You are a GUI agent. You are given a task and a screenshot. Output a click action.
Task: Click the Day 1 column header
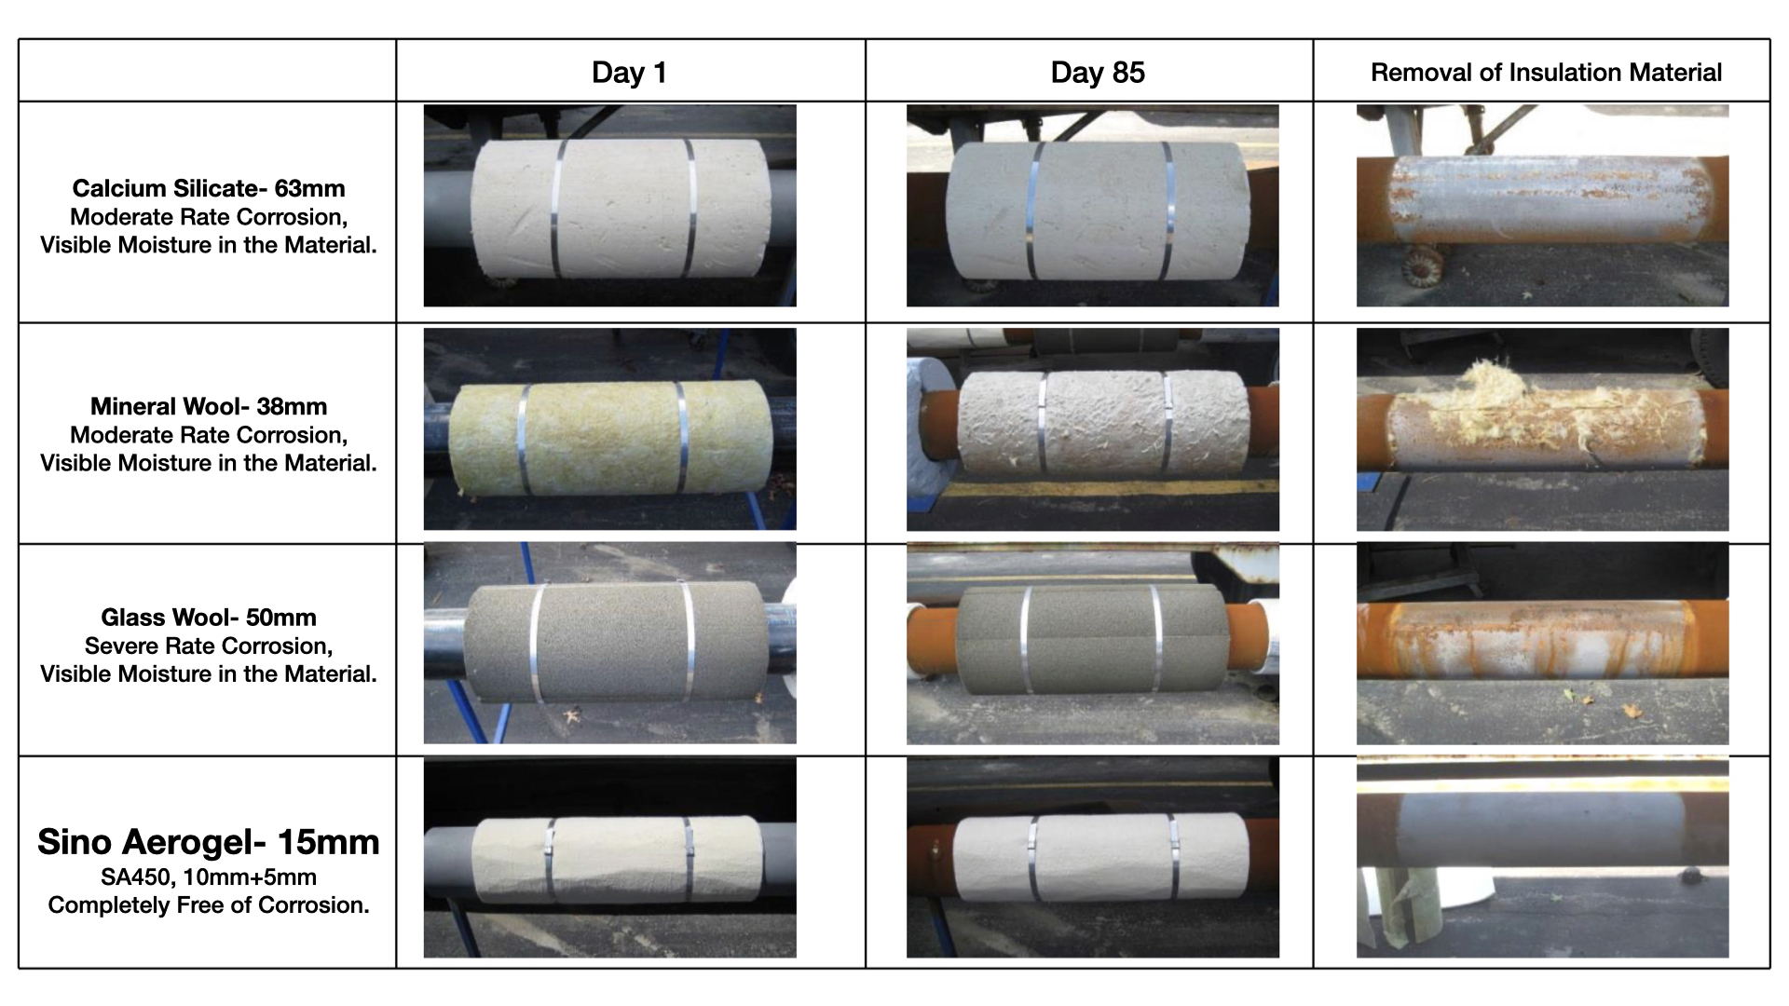point(629,73)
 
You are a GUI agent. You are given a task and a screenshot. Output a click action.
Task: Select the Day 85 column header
point(1098,73)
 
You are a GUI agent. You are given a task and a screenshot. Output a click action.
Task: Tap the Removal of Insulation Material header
point(1546,73)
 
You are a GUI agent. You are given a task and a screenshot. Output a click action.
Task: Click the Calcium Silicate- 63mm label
point(209,188)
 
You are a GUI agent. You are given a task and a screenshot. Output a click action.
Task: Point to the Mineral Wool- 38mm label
point(209,406)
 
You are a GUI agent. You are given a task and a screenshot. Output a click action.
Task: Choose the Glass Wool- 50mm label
point(209,617)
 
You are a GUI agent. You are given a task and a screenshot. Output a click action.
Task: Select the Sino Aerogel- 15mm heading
point(209,841)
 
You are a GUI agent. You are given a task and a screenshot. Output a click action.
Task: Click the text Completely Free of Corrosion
point(209,905)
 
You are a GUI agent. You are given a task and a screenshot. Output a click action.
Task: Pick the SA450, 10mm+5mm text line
point(209,877)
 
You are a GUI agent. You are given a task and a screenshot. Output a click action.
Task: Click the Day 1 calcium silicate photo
point(610,206)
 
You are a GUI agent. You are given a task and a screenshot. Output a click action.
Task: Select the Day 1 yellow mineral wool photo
point(610,429)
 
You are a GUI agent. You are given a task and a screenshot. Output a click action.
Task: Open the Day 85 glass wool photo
point(1093,644)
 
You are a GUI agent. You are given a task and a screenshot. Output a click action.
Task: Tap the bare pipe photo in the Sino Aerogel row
point(1543,857)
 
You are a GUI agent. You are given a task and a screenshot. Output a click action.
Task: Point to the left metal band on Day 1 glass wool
point(538,644)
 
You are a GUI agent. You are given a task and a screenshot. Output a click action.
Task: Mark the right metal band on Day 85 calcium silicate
point(1167,211)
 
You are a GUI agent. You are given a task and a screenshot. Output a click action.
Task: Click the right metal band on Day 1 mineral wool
point(682,438)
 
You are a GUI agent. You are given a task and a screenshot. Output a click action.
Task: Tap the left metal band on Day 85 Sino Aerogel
point(1033,862)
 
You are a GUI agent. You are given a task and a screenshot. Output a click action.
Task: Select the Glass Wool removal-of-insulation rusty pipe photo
point(1543,644)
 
